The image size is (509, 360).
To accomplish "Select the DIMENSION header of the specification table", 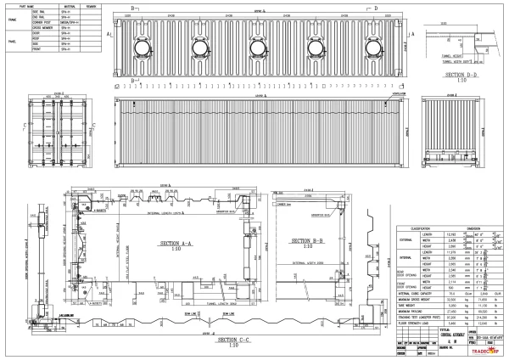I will tap(474, 228).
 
